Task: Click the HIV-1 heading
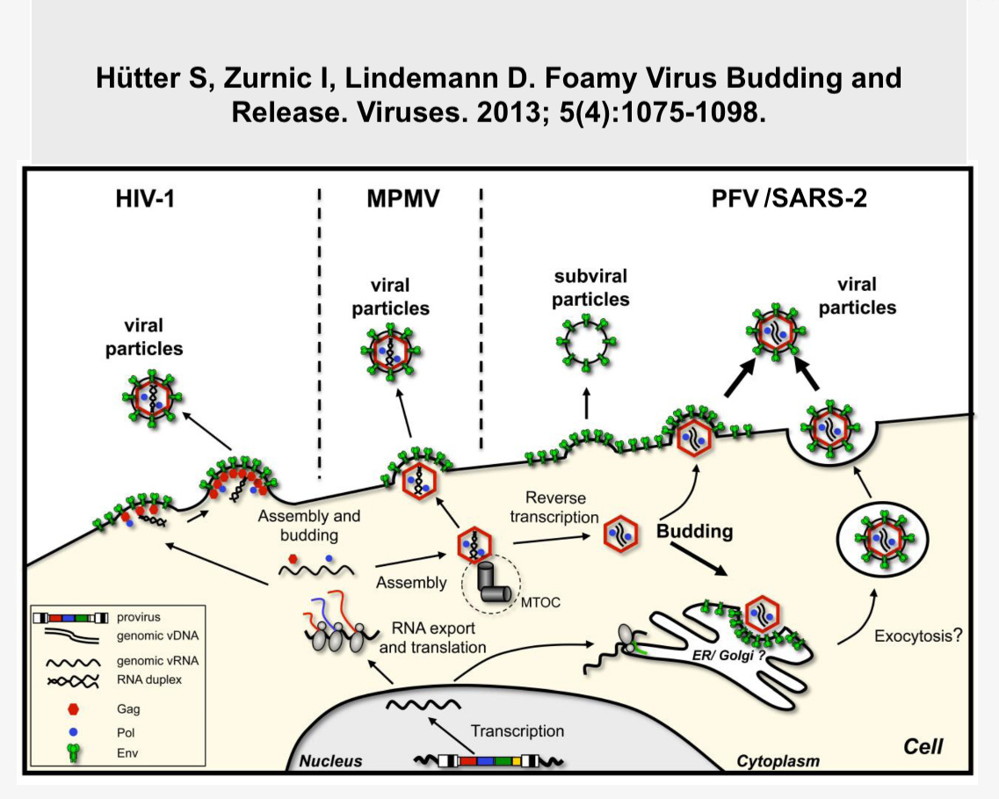point(147,199)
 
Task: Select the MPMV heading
point(402,199)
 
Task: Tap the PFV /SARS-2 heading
point(788,199)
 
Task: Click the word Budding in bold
point(694,532)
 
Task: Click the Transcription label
point(518,730)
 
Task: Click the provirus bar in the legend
point(70,618)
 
